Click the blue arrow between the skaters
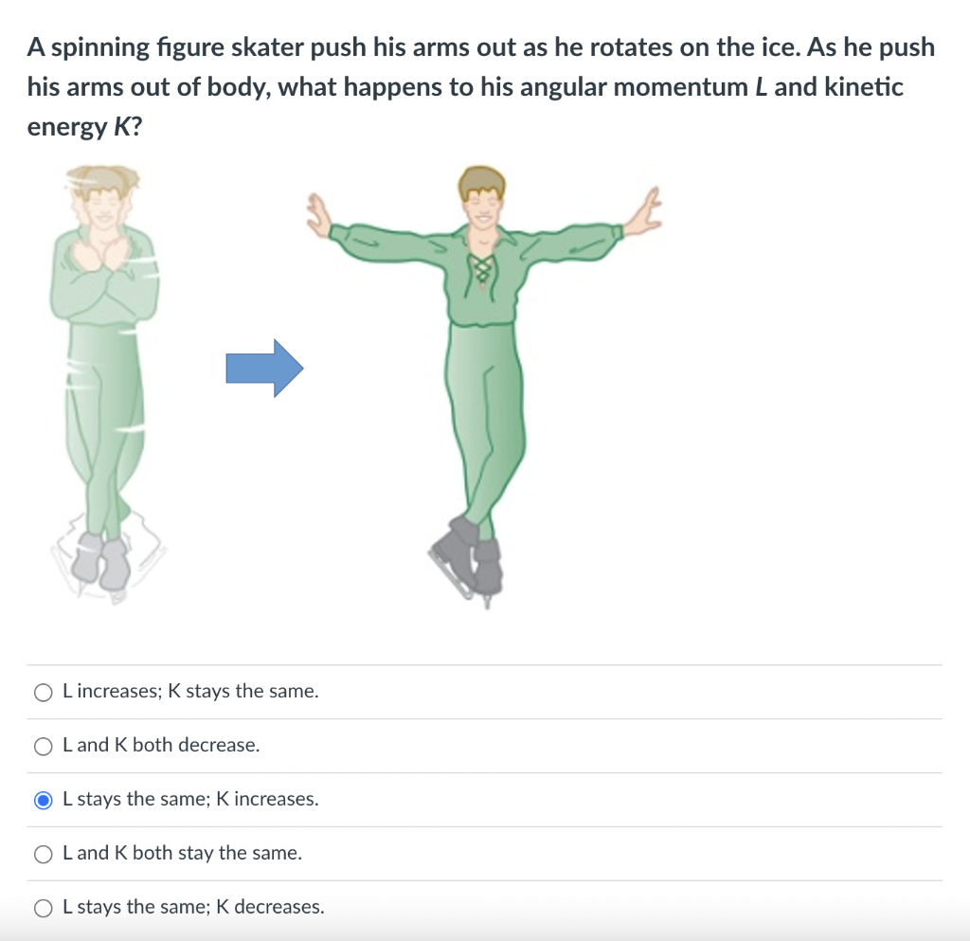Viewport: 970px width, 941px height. coord(264,368)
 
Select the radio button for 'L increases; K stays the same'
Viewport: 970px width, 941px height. coord(44,693)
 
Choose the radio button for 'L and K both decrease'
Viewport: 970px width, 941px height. coord(44,746)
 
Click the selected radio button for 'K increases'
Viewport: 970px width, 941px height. coord(44,800)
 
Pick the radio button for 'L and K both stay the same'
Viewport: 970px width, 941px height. coord(44,855)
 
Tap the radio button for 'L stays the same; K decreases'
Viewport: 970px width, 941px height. coord(44,908)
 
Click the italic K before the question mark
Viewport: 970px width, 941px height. coord(122,127)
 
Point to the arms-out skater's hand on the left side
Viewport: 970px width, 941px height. coord(319,216)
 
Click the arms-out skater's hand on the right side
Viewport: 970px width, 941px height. coord(645,211)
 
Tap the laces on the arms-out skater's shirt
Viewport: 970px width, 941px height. coord(482,271)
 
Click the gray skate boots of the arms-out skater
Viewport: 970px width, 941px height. coord(468,560)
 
